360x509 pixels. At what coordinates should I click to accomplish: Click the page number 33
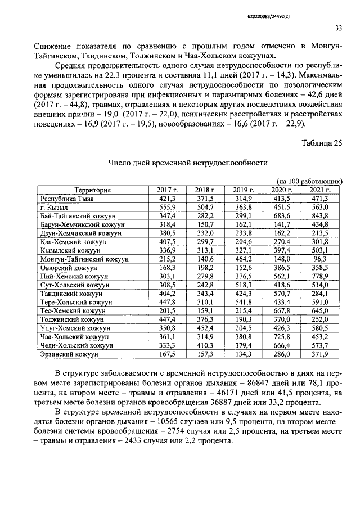(x=338, y=28)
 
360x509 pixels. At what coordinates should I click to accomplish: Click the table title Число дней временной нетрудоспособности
(x=187, y=163)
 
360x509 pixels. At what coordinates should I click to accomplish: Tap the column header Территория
(x=93, y=190)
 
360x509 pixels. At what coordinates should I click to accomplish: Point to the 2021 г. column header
(x=320, y=190)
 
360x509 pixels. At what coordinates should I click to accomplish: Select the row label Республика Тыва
(x=67, y=199)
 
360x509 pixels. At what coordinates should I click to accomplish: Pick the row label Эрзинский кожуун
(x=69, y=354)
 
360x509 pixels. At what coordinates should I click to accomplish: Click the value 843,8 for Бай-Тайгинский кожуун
(x=320, y=216)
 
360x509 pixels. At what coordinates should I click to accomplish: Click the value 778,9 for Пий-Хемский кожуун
(x=320, y=277)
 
